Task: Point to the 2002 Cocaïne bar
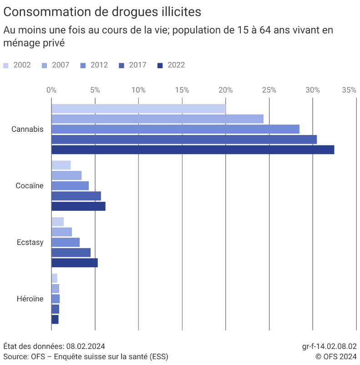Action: [x=61, y=165]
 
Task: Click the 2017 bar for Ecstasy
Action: [x=71, y=252]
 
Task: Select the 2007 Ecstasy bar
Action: [x=61, y=232]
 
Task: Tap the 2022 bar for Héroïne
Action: [x=55, y=320]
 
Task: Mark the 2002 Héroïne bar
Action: [x=54, y=278]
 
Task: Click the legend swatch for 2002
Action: [x=6, y=65]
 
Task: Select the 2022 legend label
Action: [x=176, y=65]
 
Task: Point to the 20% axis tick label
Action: [x=225, y=90]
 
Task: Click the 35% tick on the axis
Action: [x=349, y=90]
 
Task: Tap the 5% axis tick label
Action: [x=95, y=90]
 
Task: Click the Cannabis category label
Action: [x=27, y=129]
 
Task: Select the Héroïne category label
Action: [x=30, y=299]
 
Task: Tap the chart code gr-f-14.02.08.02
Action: [x=329, y=346]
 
